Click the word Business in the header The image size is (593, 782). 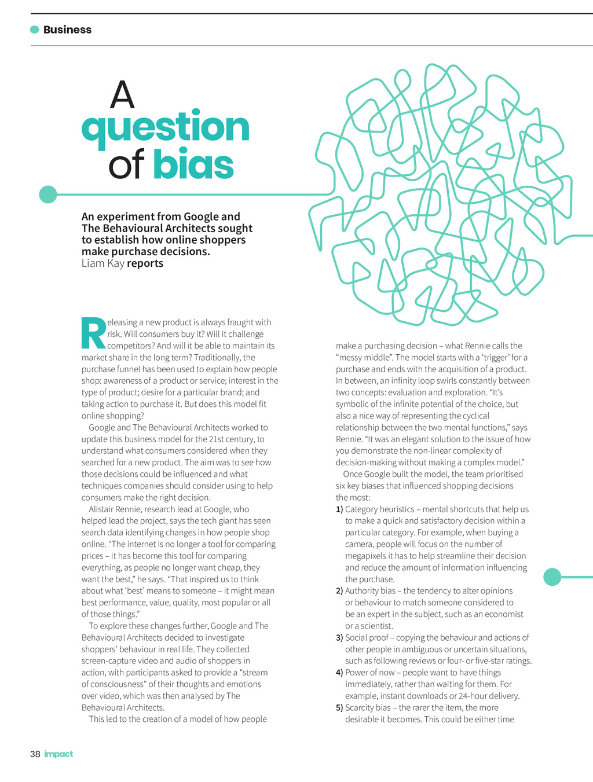click(67, 30)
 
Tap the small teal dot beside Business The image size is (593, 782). click(35, 30)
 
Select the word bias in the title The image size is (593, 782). click(193, 165)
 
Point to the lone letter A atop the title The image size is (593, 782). click(122, 95)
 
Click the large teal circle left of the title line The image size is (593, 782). click(48, 194)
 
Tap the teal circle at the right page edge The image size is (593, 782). click(552, 577)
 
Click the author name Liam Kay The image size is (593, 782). click(103, 263)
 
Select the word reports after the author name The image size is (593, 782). click(145, 263)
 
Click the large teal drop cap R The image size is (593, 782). click(93, 334)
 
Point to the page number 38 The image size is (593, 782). click(35, 754)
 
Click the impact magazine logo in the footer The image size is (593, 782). click(58, 754)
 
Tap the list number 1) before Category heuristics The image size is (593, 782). click(339, 509)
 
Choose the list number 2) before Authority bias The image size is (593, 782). click(339, 591)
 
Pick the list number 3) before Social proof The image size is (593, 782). click(339, 637)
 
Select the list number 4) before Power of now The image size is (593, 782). click(339, 673)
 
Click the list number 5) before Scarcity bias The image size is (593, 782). click(339, 707)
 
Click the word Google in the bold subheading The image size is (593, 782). click(202, 216)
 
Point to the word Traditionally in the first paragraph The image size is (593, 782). click(217, 357)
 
